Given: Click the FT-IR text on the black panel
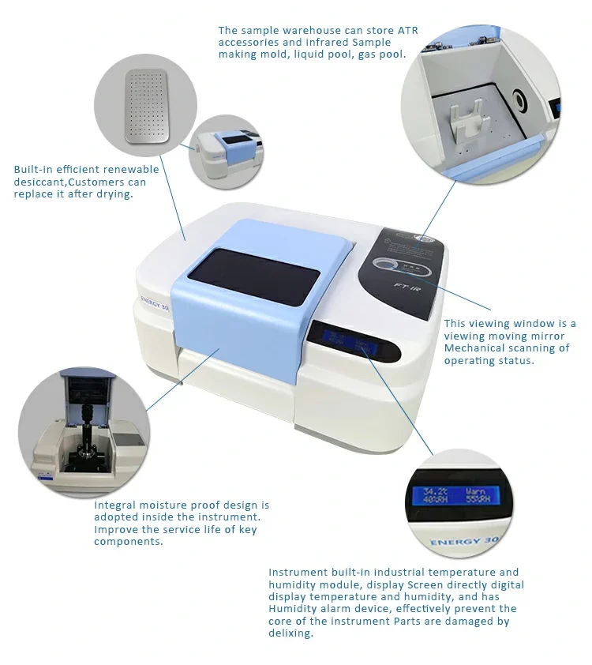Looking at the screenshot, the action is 407,288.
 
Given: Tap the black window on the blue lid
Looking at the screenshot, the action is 254,276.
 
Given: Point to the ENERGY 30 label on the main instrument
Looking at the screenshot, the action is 155,302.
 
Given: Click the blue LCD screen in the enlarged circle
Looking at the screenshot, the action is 456,495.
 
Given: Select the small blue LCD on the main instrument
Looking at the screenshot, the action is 347,341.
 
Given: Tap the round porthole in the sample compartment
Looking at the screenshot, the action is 519,100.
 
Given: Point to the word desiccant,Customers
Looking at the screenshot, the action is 80,182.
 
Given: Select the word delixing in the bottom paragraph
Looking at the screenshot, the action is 290,633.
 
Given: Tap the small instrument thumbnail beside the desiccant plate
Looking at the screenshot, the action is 226,152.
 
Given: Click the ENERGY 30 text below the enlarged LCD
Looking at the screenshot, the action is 464,541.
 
